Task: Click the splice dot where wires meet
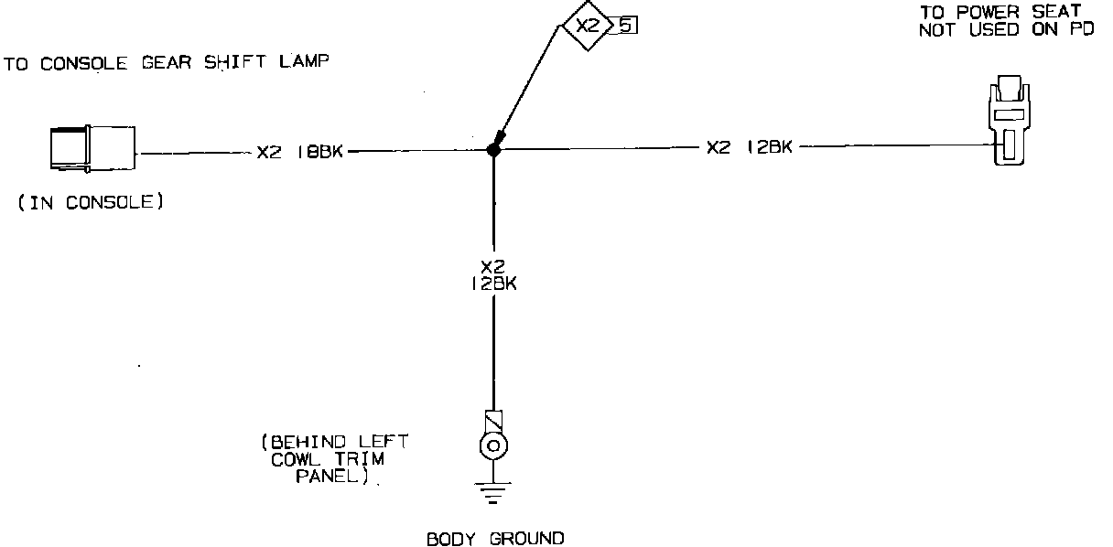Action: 493,150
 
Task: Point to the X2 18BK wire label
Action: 299,152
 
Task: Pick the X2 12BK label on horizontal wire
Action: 749,146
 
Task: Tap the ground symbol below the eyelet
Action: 494,495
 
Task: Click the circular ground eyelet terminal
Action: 494,446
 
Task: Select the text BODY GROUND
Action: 495,538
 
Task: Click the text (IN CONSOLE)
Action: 91,202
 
